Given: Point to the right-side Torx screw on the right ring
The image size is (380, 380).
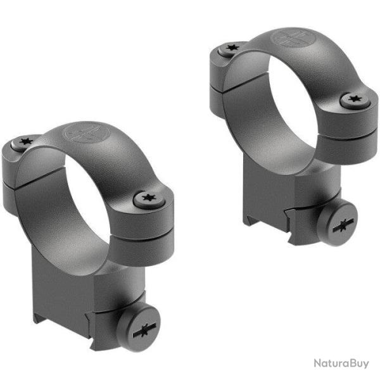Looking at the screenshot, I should click(353, 99).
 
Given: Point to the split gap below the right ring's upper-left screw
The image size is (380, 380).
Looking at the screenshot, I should click(222, 89).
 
